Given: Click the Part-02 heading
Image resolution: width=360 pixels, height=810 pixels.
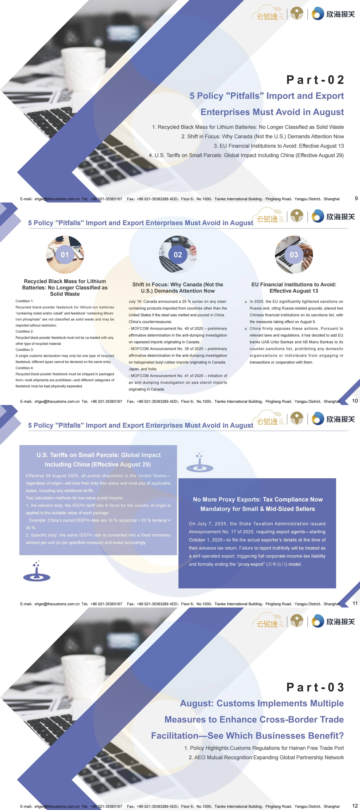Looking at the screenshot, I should coord(315,80).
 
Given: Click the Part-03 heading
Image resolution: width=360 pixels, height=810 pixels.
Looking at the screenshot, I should coord(315,687).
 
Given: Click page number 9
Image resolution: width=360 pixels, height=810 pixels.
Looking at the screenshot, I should coord(356,198).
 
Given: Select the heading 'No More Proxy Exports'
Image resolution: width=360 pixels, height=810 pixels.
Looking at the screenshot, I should coord(257,504).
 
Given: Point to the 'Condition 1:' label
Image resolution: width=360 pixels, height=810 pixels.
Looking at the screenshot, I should coord(24,301).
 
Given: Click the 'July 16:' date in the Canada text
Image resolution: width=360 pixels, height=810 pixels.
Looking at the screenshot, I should coord(135,301).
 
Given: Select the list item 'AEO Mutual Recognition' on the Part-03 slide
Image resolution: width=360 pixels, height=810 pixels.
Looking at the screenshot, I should coord(266,758).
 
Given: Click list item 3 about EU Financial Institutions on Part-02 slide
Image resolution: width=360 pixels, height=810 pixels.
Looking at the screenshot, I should coord(279,146).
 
